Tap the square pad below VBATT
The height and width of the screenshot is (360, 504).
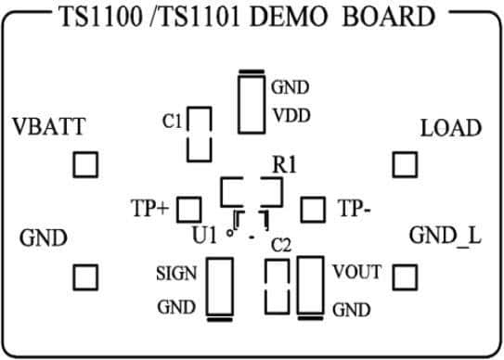[85, 165]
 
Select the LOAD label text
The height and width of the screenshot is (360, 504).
[451, 128]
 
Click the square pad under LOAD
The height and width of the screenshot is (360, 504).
[405, 165]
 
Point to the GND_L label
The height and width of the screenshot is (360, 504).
[446, 236]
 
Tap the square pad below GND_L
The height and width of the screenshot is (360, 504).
[405, 276]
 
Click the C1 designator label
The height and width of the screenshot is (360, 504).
[171, 120]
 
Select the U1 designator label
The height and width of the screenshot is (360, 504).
[204, 236]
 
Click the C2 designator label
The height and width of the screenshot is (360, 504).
[281, 246]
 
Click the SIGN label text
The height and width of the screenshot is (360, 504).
[174, 274]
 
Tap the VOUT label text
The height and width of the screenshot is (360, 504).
[356, 273]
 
